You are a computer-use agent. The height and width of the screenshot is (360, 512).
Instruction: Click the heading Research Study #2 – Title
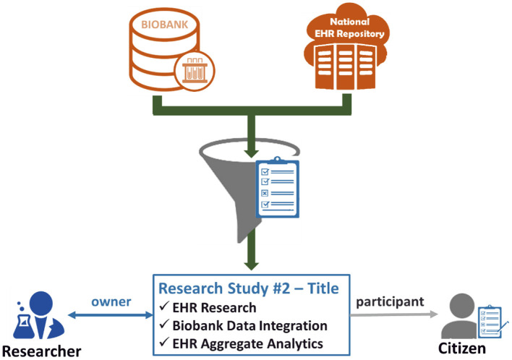[249, 288]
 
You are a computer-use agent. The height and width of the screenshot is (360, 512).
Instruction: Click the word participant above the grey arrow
[389, 300]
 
